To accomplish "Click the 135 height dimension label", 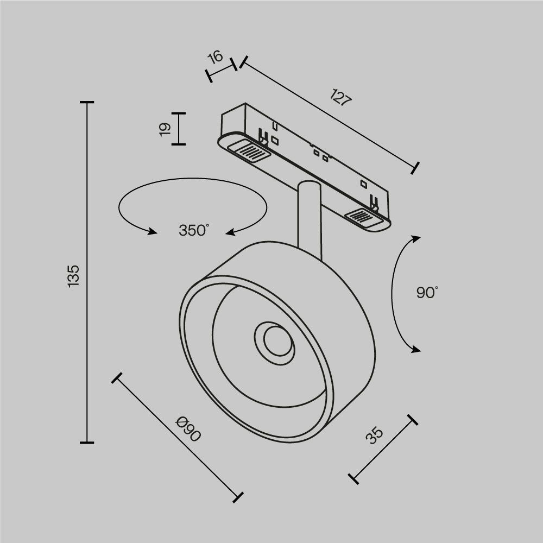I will pyautogui.click(x=74, y=276).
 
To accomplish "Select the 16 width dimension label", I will pyautogui.click(x=216, y=57).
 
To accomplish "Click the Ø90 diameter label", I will pyautogui.click(x=188, y=428).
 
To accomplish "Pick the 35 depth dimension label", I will pyautogui.click(x=374, y=436).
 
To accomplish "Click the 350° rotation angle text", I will pyautogui.click(x=194, y=230).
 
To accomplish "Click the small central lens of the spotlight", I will pyautogui.click(x=274, y=341).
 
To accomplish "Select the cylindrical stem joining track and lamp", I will pyautogui.click(x=310, y=217).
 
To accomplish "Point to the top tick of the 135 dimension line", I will pyautogui.click(x=87, y=102).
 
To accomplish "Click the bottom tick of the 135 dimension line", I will pyautogui.click(x=87, y=443).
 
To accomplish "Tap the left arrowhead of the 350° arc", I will pyautogui.click(x=151, y=232).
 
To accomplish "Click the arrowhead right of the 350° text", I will pyautogui.click(x=231, y=232).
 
